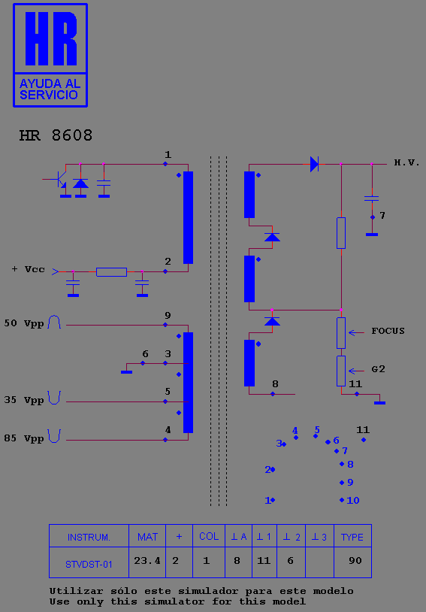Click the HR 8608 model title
coord(56,135)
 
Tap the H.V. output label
coord(407,163)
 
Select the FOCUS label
coord(388,332)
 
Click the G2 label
coord(378,369)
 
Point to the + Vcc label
coord(28,269)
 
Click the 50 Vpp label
coord(24,323)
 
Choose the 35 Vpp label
coord(24,400)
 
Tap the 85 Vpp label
coord(24,438)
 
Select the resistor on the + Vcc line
coord(111,271)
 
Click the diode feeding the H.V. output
coord(314,164)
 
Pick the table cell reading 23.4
coord(147,561)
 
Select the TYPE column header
coord(352,537)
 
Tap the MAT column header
coord(147,537)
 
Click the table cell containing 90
coord(353,561)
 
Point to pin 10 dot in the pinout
coord(342,500)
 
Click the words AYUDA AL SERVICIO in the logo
coord(50,89)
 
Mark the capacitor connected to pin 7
coord(372,198)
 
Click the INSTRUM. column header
coord(89,537)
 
